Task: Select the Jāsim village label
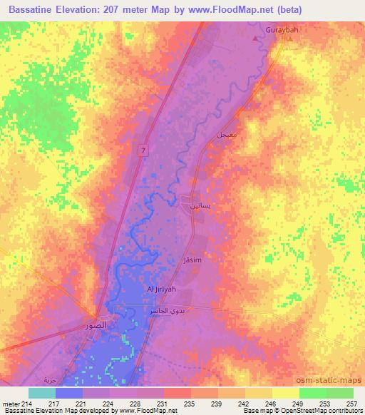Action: coord(192,260)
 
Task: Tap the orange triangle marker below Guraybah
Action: coord(289,40)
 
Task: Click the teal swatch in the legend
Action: coord(41,393)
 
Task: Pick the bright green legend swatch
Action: coord(312,393)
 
